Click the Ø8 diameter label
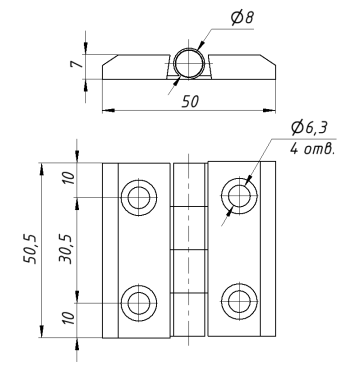pyautogui.click(x=242, y=18)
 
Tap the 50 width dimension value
pyautogui.click(x=190, y=102)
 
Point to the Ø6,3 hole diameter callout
pyautogui.click(x=309, y=128)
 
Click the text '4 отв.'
pyautogui.click(x=312, y=149)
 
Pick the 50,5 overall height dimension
pyautogui.click(x=31, y=249)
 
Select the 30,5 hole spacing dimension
pyautogui.click(x=66, y=249)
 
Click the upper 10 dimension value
pyautogui.click(x=69, y=178)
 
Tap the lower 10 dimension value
pyautogui.click(x=69, y=319)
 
